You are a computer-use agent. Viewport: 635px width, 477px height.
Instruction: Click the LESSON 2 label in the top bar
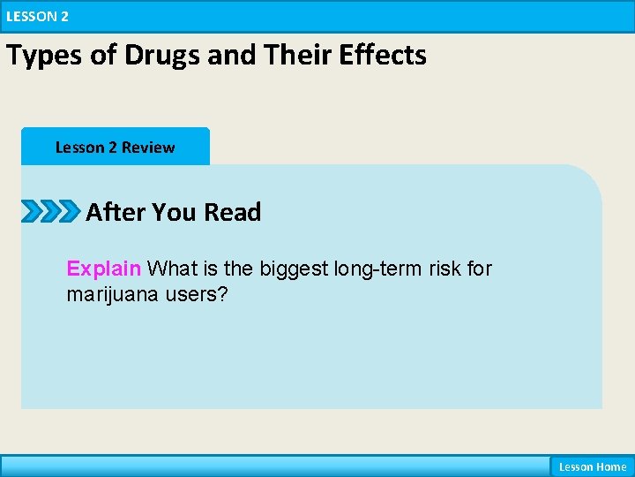click(37, 16)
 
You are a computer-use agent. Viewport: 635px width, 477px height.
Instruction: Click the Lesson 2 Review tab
click(115, 148)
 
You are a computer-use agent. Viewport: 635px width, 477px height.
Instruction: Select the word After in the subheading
click(116, 212)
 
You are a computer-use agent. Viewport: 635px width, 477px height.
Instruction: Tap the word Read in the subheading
click(233, 212)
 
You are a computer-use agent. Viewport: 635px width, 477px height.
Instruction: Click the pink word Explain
click(104, 269)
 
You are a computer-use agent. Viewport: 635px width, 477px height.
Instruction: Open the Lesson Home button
click(592, 466)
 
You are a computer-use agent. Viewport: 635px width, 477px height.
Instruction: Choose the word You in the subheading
click(175, 212)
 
